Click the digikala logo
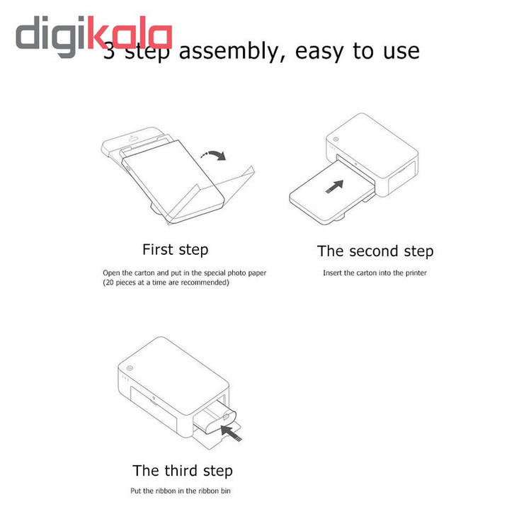[x=94, y=36]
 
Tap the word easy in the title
[x=319, y=52]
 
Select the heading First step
[x=175, y=250]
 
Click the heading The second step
[x=375, y=251]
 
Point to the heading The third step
[x=183, y=471]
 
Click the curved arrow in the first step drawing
[x=213, y=155]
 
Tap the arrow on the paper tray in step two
[x=335, y=187]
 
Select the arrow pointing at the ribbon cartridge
[x=231, y=433]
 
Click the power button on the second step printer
[x=336, y=139]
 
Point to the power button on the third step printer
[x=130, y=368]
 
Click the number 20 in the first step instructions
[x=109, y=282]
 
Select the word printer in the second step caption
[x=416, y=273]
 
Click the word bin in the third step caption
[x=226, y=491]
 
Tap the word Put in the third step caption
[x=135, y=491]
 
